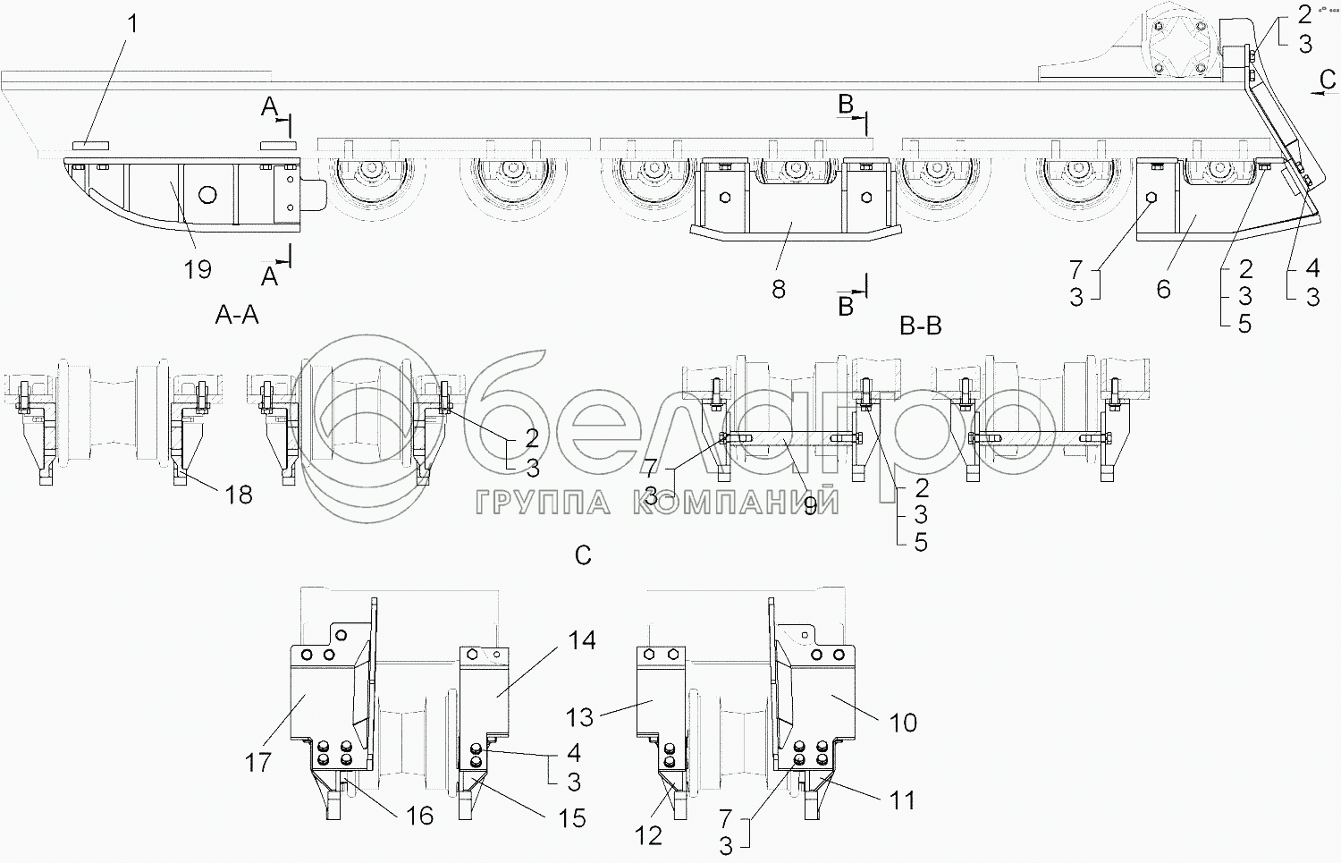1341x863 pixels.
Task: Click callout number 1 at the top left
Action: tap(132, 24)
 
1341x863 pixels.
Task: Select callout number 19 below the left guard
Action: tap(198, 269)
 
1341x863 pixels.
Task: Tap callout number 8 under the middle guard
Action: tap(779, 289)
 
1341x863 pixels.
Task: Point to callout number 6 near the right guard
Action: tap(1163, 289)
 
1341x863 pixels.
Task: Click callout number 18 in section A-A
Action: tap(239, 495)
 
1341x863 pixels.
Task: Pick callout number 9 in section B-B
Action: tap(810, 506)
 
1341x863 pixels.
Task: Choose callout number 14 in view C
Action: tap(582, 640)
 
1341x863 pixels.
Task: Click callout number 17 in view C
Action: tap(258, 762)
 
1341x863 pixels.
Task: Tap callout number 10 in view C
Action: tap(903, 723)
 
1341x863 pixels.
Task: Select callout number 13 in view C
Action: tap(579, 717)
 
